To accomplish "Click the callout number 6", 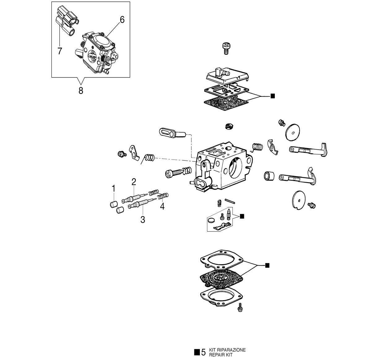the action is [122, 20].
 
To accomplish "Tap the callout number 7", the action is [60, 51].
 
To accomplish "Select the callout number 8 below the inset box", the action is [81, 90].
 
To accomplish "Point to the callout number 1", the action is [114, 189].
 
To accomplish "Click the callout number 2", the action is [134, 182].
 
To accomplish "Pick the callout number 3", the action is [143, 220].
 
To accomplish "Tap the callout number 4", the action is [162, 206].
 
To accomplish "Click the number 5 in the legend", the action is [203, 352].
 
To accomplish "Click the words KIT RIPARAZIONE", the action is [227, 350].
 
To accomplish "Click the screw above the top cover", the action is [226, 49].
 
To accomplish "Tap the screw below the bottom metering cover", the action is [240, 307].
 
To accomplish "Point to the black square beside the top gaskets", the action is [273, 96].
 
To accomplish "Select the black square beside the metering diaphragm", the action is [267, 266].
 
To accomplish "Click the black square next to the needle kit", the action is [242, 216].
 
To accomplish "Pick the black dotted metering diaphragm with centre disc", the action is [221, 279].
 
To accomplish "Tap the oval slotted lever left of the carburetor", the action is [172, 133].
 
